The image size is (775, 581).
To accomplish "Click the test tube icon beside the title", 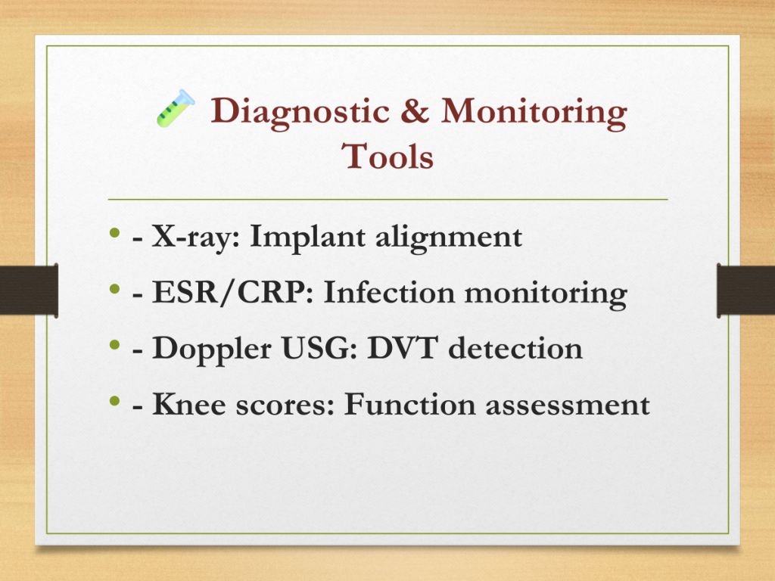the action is click(x=176, y=108).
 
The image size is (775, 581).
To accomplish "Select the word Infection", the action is click(x=389, y=292).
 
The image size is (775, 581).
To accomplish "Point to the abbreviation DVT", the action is click(x=403, y=348).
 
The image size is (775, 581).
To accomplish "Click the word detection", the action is click(x=515, y=348).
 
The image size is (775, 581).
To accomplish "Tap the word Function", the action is click(x=409, y=404).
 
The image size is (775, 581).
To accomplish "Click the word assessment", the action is click(x=568, y=405).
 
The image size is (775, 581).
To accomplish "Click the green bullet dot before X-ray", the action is click(x=115, y=232).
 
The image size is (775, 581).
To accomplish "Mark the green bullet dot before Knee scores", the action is click(x=115, y=400).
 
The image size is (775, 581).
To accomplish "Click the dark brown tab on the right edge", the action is click(x=745, y=290).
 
